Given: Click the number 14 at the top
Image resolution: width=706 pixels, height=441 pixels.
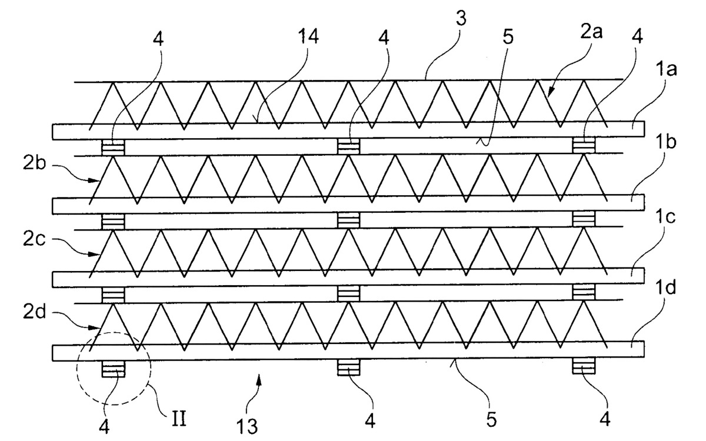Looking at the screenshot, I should tap(304, 36).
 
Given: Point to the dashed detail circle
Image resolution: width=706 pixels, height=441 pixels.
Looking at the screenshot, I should tap(114, 367).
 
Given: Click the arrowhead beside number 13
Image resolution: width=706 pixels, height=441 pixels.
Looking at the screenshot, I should tap(256, 385).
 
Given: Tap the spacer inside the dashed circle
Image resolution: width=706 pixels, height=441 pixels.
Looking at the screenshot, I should tap(114, 369).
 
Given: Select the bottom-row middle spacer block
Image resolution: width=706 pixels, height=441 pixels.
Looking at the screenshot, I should tap(348, 368).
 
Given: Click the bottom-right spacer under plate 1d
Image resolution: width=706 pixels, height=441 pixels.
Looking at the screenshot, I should tap(584, 368).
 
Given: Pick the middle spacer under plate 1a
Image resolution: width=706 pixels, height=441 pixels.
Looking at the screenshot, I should tap(348, 146).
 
